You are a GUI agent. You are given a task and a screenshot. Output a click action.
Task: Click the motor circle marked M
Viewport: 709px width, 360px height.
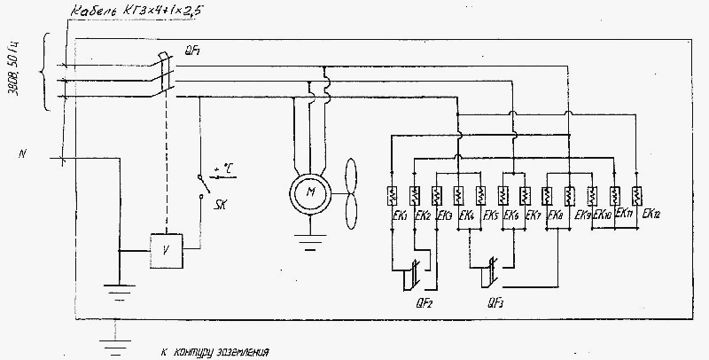(x=309, y=192)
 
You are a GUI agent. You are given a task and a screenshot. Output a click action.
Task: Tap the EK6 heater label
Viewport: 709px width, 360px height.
(x=511, y=216)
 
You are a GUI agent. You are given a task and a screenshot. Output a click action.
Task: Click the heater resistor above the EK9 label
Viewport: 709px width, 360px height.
(x=569, y=194)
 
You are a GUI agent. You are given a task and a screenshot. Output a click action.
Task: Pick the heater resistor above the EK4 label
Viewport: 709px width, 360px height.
(x=457, y=194)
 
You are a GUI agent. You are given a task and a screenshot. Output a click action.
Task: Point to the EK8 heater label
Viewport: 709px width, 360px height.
(x=557, y=216)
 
